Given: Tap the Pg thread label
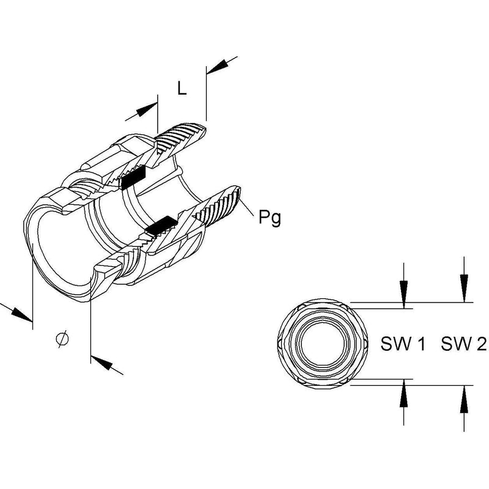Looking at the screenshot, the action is click(x=270, y=218).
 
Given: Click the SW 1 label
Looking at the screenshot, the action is click(x=403, y=344).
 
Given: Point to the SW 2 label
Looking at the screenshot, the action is click(x=464, y=344).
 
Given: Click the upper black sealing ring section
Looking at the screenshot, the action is click(x=133, y=177).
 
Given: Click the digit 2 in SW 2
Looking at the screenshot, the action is click(x=481, y=344).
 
